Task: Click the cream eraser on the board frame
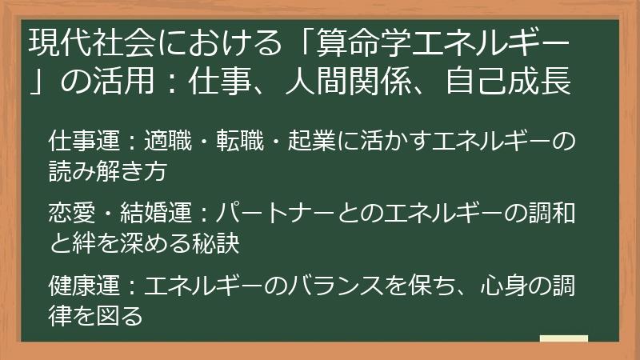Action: tap(563, 339)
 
